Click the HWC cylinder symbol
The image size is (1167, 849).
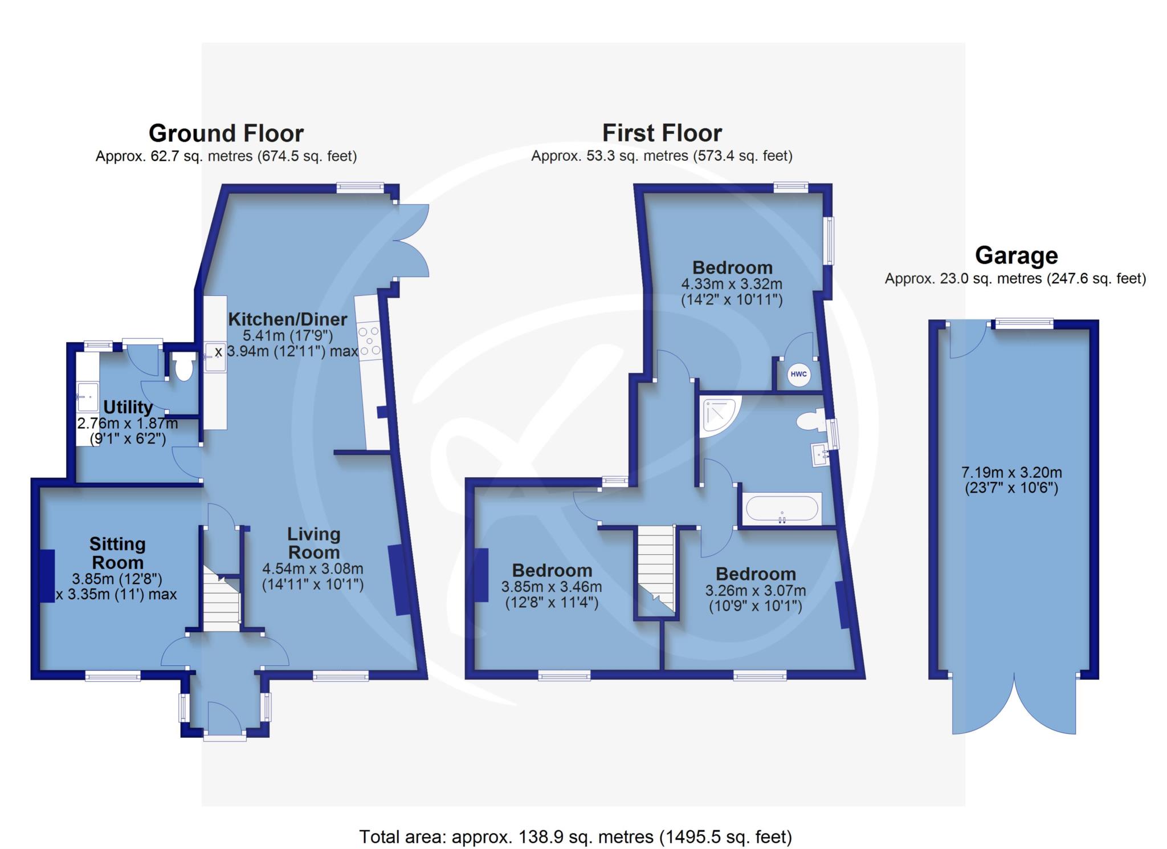click(798, 374)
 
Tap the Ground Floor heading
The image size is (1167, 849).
click(226, 133)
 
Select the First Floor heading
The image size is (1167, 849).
click(662, 133)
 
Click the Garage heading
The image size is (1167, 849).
click(1016, 255)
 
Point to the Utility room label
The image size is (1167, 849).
click(128, 407)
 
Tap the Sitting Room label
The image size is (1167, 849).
click(117, 553)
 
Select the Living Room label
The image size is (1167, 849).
click(313, 543)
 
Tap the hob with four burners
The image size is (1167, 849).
click(369, 342)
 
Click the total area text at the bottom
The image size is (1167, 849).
click(576, 837)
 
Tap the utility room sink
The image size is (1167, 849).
click(87, 396)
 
